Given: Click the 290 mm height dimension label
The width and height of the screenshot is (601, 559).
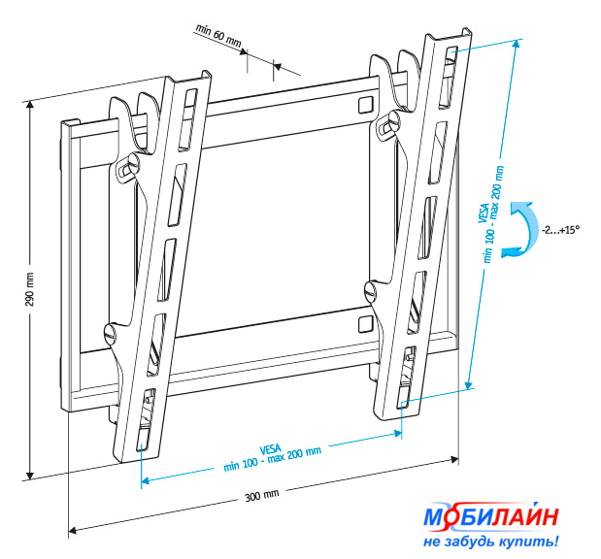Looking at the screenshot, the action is [29, 289].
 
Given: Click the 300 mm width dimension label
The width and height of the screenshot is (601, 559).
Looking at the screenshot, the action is [262, 495].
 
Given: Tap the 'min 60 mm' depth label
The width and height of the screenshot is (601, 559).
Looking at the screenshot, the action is [217, 36].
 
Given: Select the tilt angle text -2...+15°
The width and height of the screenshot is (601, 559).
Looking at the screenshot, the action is [560, 230].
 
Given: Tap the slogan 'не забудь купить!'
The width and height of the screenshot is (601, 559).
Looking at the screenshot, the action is [490, 542].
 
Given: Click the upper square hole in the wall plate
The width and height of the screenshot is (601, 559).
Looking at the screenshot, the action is [366, 105].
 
